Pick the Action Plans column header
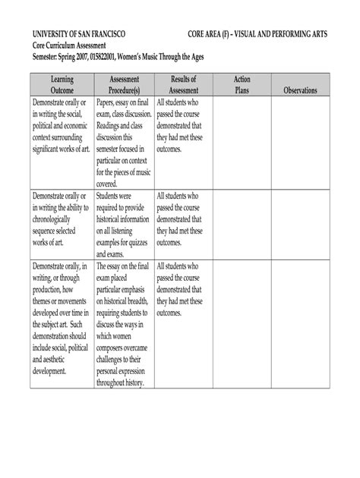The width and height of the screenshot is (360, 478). click(x=242, y=84)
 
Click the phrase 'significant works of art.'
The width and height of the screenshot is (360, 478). click(x=61, y=149)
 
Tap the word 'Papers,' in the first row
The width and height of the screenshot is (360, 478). click(x=109, y=102)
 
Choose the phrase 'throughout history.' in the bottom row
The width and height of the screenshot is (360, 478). click(x=125, y=383)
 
